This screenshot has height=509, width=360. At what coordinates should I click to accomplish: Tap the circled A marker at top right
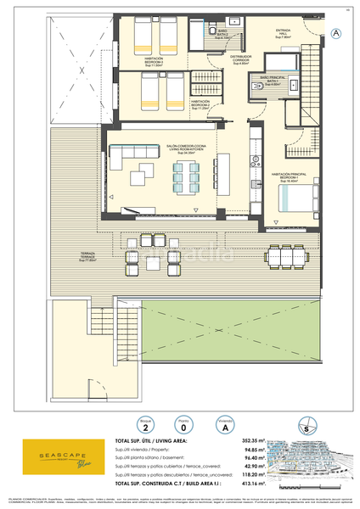pyautogui.click(x=335, y=33)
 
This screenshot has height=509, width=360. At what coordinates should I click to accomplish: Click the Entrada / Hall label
pyautogui.click(x=284, y=35)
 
